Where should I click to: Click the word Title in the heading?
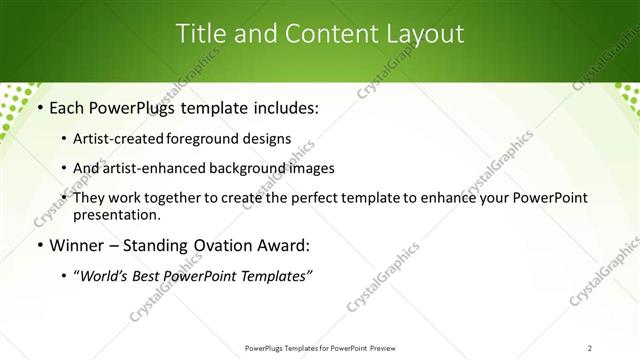coord(200,33)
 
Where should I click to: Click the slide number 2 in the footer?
coord(590,347)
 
